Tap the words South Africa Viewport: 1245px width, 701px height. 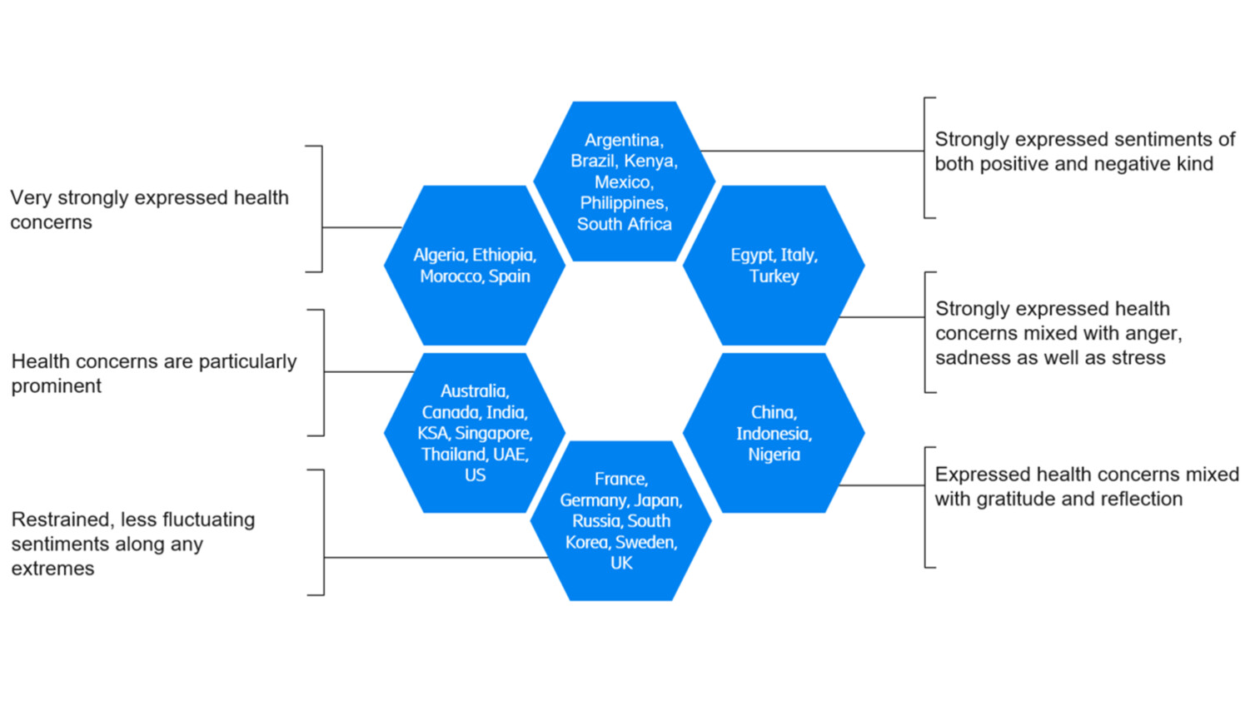(624, 224)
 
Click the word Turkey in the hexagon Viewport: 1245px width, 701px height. (774, 276)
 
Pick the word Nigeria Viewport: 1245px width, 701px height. (774, 455)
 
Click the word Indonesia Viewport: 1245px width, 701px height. (774, 434)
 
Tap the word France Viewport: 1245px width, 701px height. (620, 479)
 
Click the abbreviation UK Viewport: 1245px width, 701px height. (621, 564)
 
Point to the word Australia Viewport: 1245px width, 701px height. (474, 391)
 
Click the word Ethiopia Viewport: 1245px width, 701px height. (504, 255)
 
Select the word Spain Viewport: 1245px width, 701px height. (509, 276)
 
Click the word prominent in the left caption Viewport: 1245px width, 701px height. (57, 386)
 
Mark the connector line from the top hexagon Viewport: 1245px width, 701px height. (812, 151)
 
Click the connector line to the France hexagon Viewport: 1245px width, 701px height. (433, 557)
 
